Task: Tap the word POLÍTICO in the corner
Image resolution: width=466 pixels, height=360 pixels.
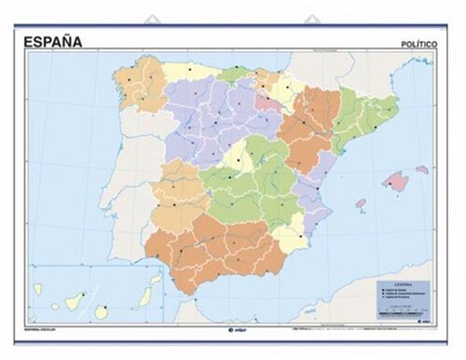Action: click(418, 43)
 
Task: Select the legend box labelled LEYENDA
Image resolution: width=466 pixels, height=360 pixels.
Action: click(401, 296)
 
